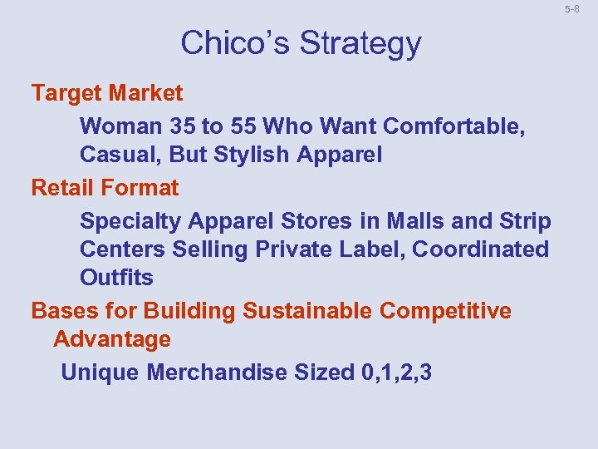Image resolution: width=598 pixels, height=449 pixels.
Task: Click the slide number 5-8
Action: (571, 9)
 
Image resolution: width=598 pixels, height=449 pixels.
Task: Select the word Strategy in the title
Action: (360, 44)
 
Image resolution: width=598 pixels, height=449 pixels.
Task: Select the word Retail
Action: (61, 188)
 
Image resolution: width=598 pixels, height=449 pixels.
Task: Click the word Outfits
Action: (116, 278)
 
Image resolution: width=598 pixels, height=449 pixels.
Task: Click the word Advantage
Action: (112, 340)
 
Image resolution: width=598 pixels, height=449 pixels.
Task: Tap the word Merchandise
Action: (218, 373)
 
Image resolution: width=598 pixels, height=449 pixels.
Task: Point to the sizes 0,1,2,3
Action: (397, 373)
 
